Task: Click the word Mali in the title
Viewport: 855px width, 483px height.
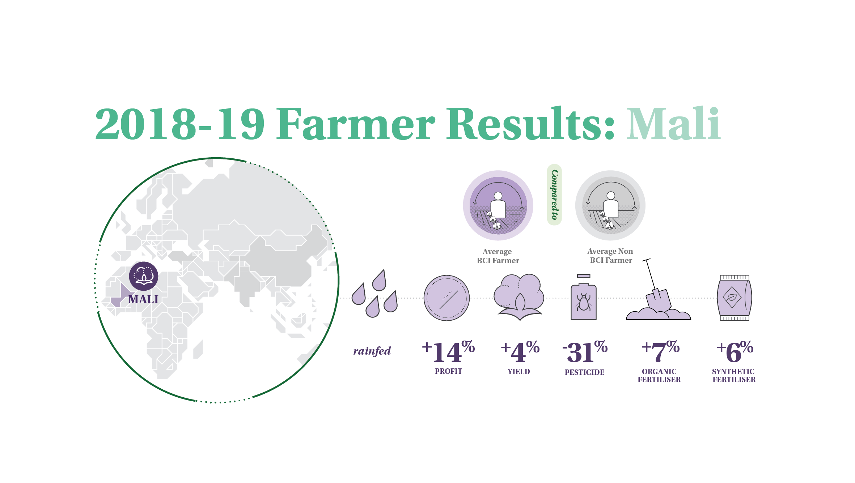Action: click(673, 124)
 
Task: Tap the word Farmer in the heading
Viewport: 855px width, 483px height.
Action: click(356, 124)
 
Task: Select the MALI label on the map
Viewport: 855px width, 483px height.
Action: click(143, 299)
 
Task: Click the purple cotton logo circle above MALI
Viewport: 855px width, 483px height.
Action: click(144, 276)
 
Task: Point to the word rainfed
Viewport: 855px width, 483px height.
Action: click(372, 351)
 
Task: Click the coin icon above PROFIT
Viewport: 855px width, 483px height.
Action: click(446, 298)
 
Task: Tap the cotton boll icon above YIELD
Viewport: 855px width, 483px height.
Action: click(519, 297)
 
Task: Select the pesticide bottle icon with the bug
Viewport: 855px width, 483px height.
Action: click(584, 297)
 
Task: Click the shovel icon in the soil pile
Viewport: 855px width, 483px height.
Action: click(658, 289)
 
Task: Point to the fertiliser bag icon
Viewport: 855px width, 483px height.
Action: click(735, 298)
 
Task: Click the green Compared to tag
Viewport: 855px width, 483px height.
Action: click(554, 195)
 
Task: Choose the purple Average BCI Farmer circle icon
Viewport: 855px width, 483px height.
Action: click(498, 205)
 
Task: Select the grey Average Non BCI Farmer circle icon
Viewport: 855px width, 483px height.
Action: click(610, 205)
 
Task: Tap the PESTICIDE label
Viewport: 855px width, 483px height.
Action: click(585, 372)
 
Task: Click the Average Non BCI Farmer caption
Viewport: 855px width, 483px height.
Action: click(610, 256)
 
